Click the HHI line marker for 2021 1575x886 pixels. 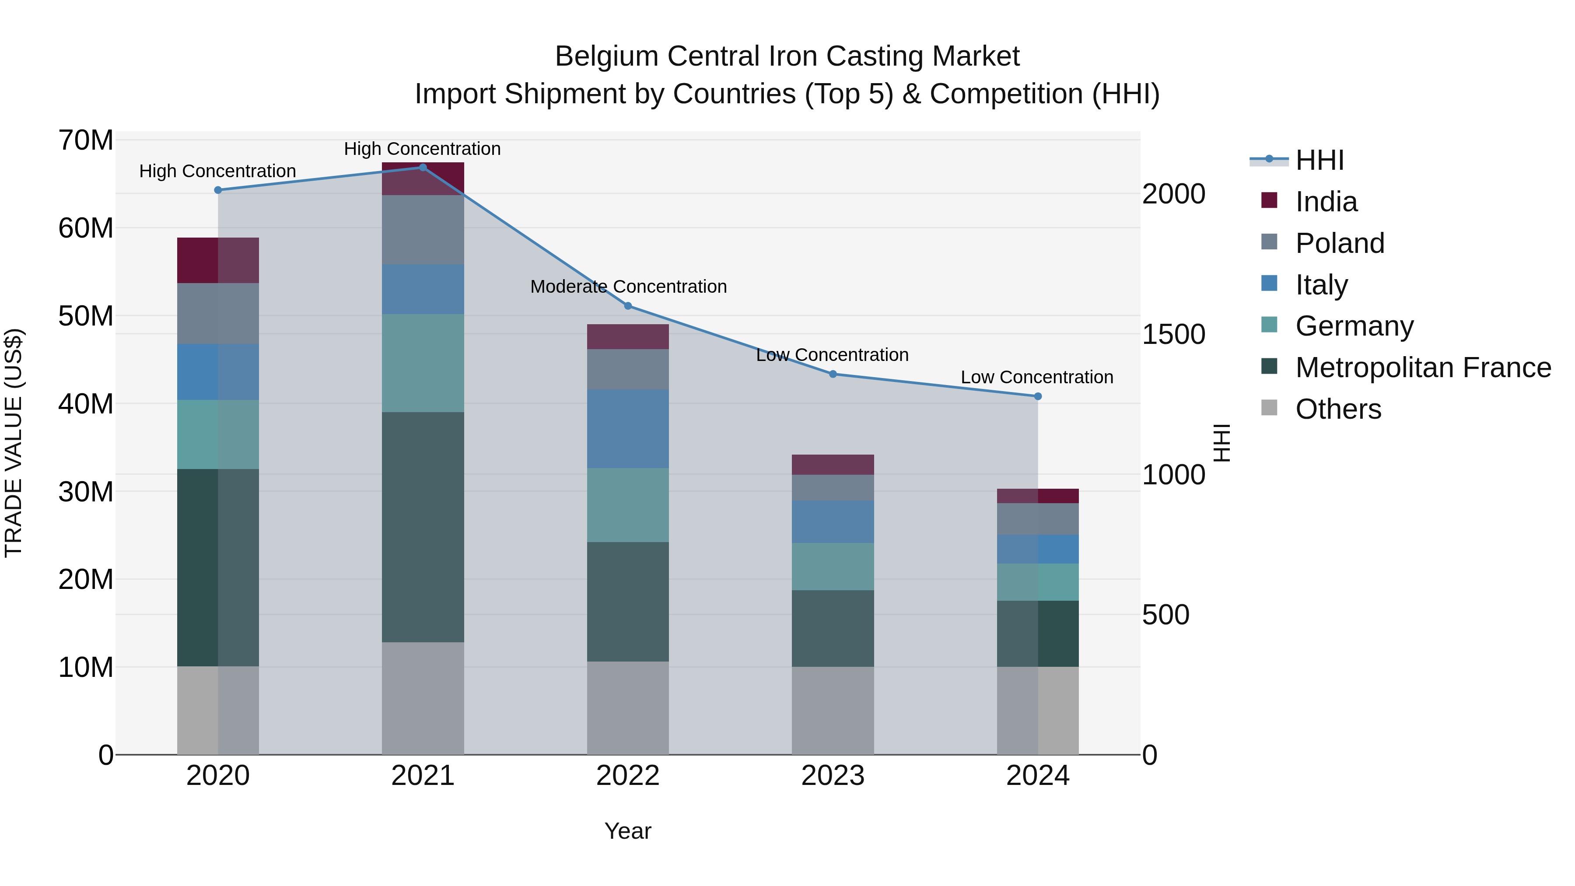click(423, 168)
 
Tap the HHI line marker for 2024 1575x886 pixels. click(1038, 396)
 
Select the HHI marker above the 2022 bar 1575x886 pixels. click(628, 306)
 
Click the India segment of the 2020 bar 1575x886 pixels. click(218, 260)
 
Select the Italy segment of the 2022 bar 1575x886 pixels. click(628, 429)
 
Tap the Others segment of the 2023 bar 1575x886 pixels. click(833, 710)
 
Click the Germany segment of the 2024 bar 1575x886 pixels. click(1038, 582)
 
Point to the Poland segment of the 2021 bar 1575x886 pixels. click(423, 229)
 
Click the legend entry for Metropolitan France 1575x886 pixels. click(1423, 368)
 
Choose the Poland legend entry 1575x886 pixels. click(1340, 243)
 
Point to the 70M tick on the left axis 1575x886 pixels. click(86, 140)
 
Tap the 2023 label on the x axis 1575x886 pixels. click(833, 776)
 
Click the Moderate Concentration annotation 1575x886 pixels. click(628, 286)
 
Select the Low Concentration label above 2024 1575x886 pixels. click(1037, 377)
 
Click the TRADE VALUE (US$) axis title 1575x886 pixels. click(14, 443)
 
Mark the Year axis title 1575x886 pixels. click(628, 831)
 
